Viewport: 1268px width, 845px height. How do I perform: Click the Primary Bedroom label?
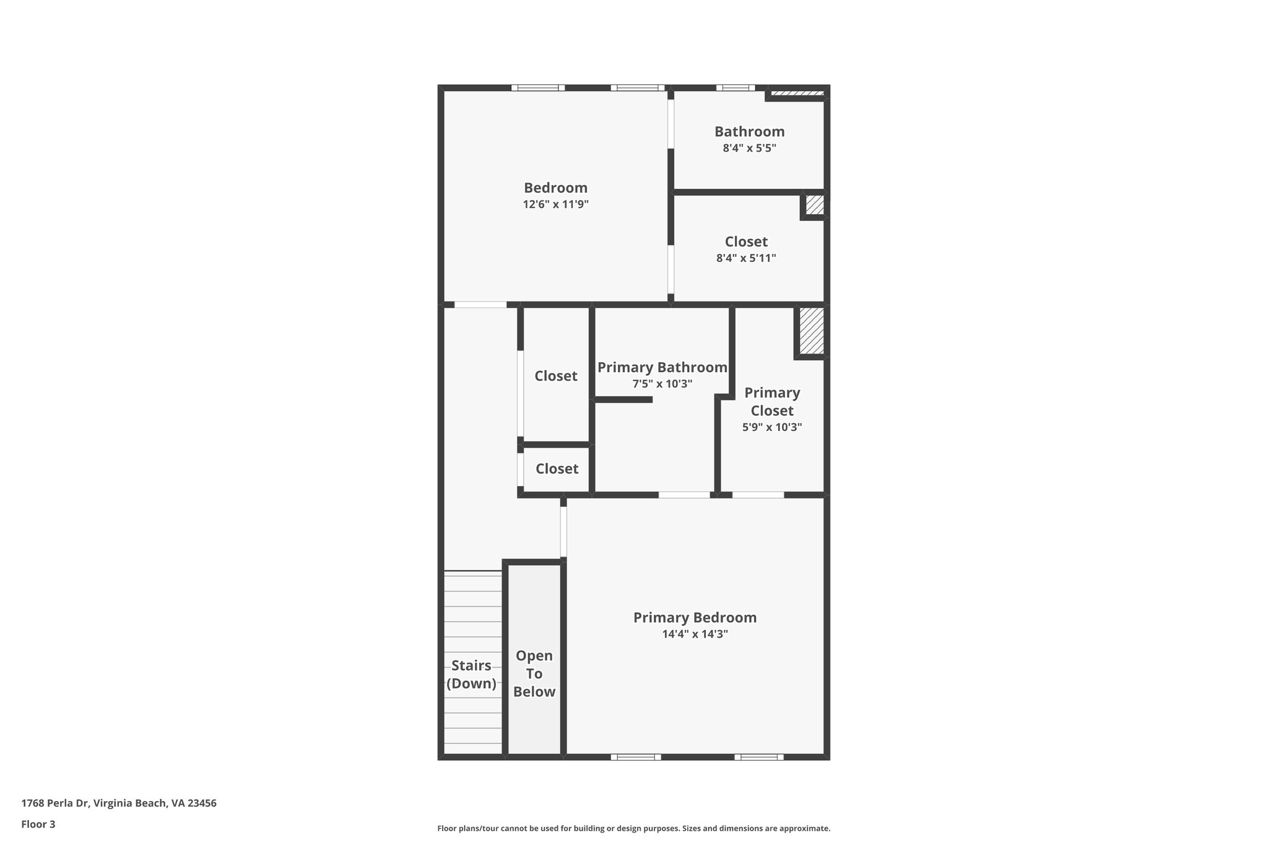(x=695, y=618)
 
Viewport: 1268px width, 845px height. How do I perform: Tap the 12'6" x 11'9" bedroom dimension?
(x=555, y=204)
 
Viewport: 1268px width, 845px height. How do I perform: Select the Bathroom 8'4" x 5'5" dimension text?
(x=749, y=149)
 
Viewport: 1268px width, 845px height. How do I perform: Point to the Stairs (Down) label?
(x=471, y=674)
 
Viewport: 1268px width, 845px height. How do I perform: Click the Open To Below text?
(x=534, y=674)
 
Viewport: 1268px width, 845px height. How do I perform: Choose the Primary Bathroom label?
(x=662, y=368)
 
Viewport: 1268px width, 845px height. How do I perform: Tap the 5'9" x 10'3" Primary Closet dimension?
(x=772, y=427)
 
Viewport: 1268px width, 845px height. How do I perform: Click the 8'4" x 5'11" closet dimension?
(x=746, y=258)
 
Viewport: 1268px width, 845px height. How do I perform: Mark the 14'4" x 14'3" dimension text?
(x=695, y=634)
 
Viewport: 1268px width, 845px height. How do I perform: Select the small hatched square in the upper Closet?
(x=814, y=205)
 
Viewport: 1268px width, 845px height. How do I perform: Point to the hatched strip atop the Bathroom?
(x=797, y=93)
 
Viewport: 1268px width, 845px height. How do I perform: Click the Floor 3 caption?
(x=38, y=824)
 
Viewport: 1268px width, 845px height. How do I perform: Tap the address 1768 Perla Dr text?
(x=56, y=803)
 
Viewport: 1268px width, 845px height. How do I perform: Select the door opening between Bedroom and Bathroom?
(x=671, y=124)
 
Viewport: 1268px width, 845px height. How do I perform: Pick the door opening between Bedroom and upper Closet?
(x=671, y=269)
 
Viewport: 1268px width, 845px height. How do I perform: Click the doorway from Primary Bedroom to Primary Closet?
(x=758, y=495)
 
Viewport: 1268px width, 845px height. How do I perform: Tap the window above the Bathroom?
(x=736, y=88)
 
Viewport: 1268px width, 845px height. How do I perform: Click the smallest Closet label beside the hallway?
(x=557, y=469)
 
